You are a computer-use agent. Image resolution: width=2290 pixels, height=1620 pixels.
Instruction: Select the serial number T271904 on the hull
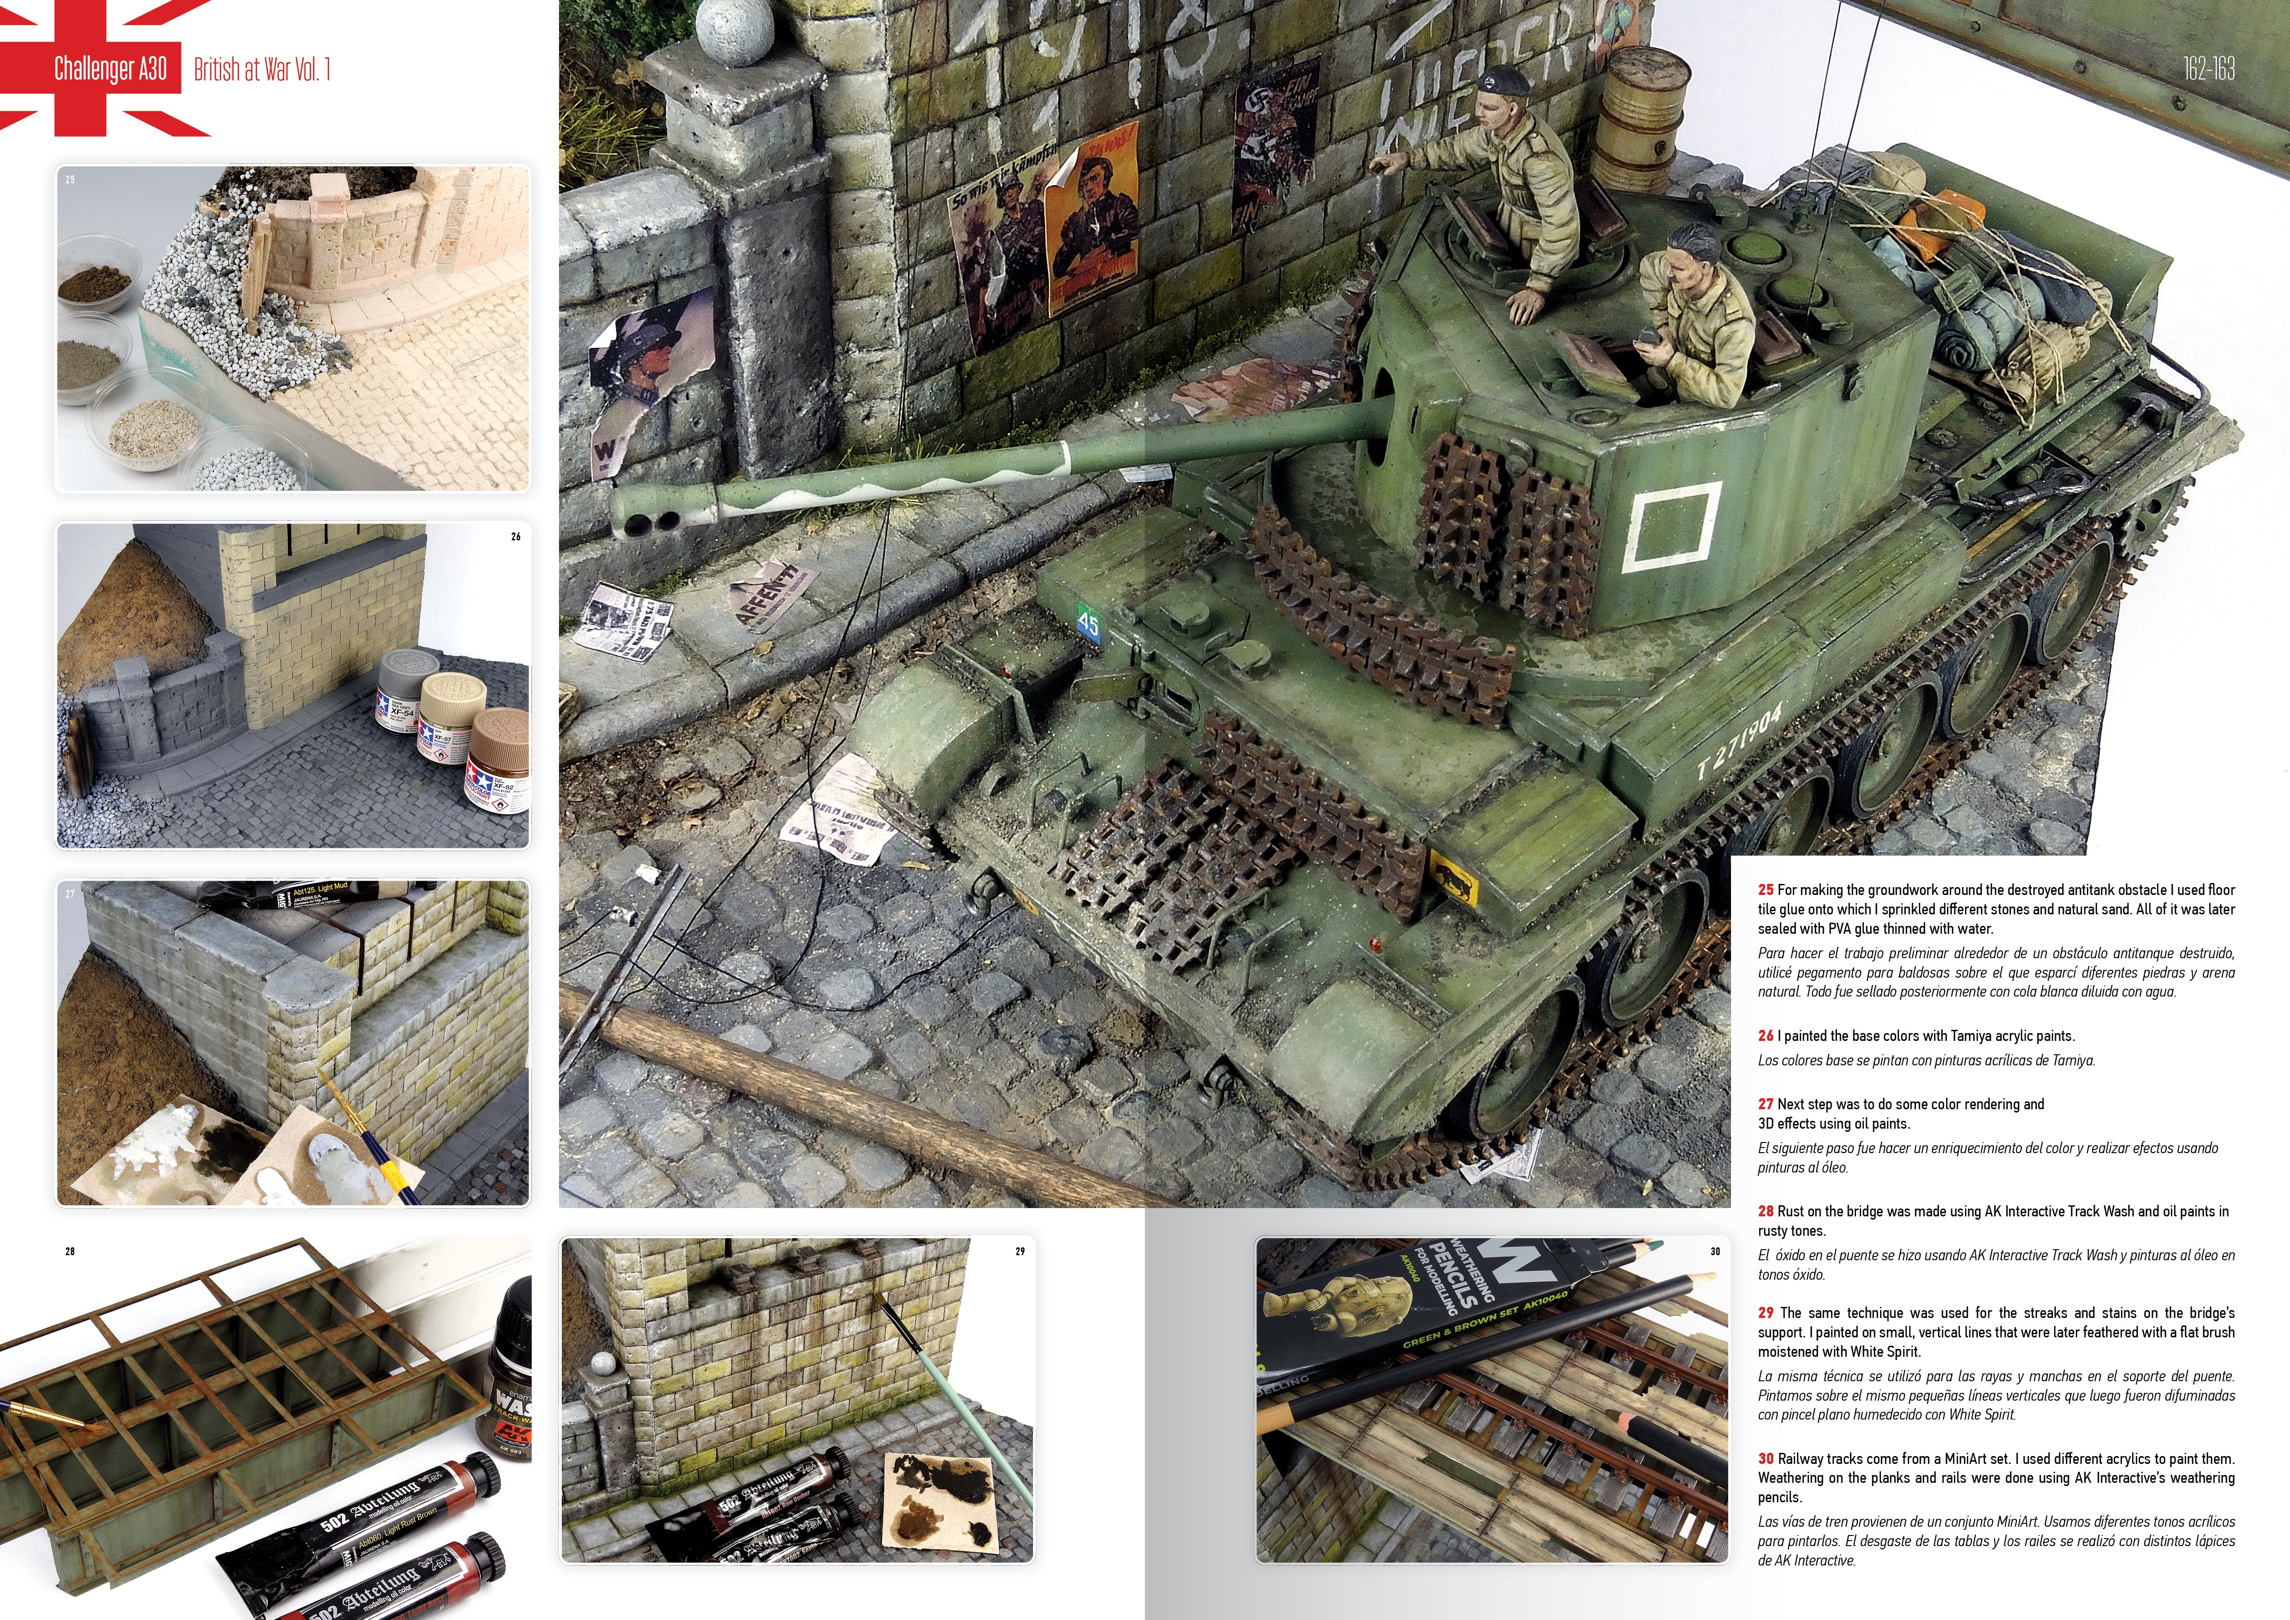tap(1740, 741)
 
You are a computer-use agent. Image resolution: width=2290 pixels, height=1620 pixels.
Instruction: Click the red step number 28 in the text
tap(1765, 1211)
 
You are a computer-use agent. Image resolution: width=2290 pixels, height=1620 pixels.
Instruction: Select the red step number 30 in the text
tap(1765, 1458)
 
